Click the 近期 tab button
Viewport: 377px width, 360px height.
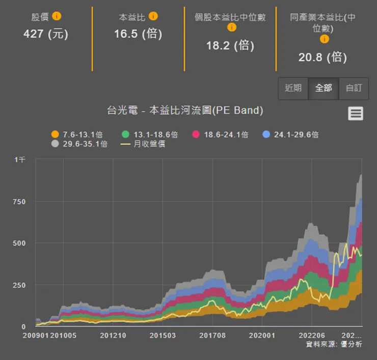click(293, 89)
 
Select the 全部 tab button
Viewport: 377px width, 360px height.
click(324, 89)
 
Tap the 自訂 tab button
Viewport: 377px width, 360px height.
click(354, 89)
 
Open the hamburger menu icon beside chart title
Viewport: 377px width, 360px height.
click(356, 114)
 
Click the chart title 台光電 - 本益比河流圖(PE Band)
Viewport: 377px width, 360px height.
click(185, 110)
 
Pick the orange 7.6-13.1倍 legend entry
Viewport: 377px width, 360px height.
click(77, 134)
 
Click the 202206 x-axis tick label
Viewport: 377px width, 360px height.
click(312, 336)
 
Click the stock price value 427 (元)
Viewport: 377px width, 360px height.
click(46, 34)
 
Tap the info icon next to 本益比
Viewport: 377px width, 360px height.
click(153, 16)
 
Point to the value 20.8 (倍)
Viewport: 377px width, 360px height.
click(322, 57)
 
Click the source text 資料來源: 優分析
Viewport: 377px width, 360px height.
click(334, 345)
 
